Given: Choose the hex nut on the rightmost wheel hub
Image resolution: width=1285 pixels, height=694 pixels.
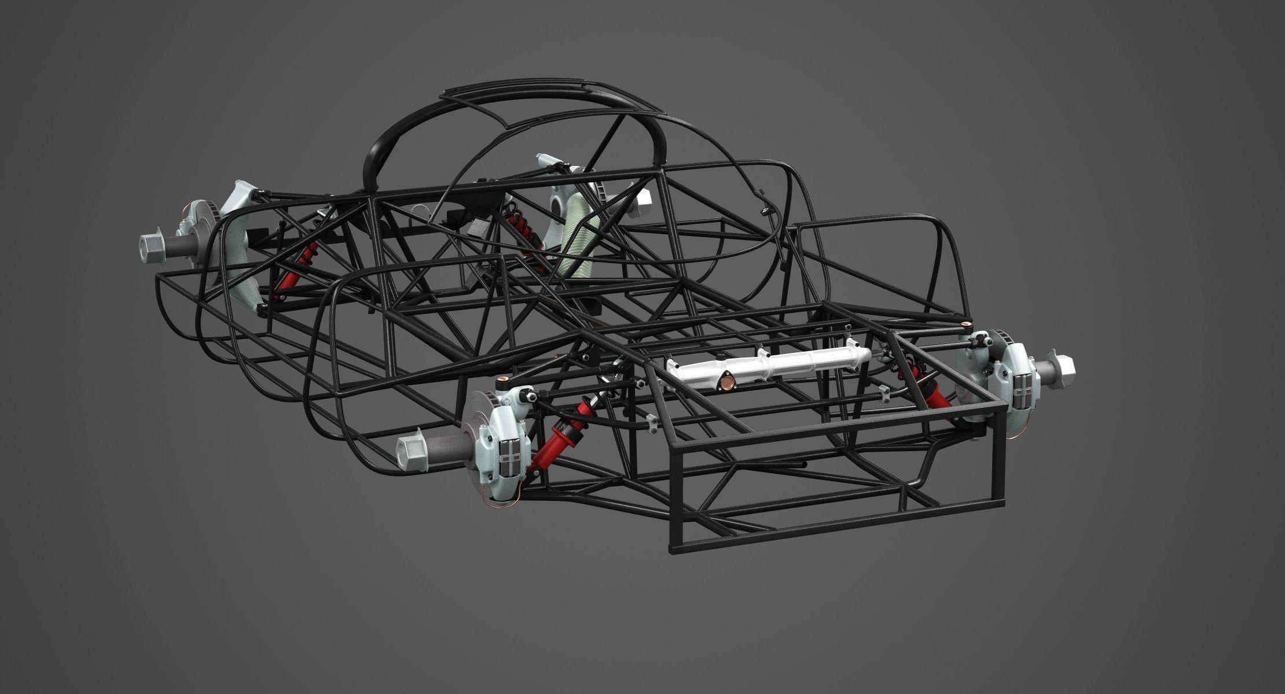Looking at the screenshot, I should point(1060,366).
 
